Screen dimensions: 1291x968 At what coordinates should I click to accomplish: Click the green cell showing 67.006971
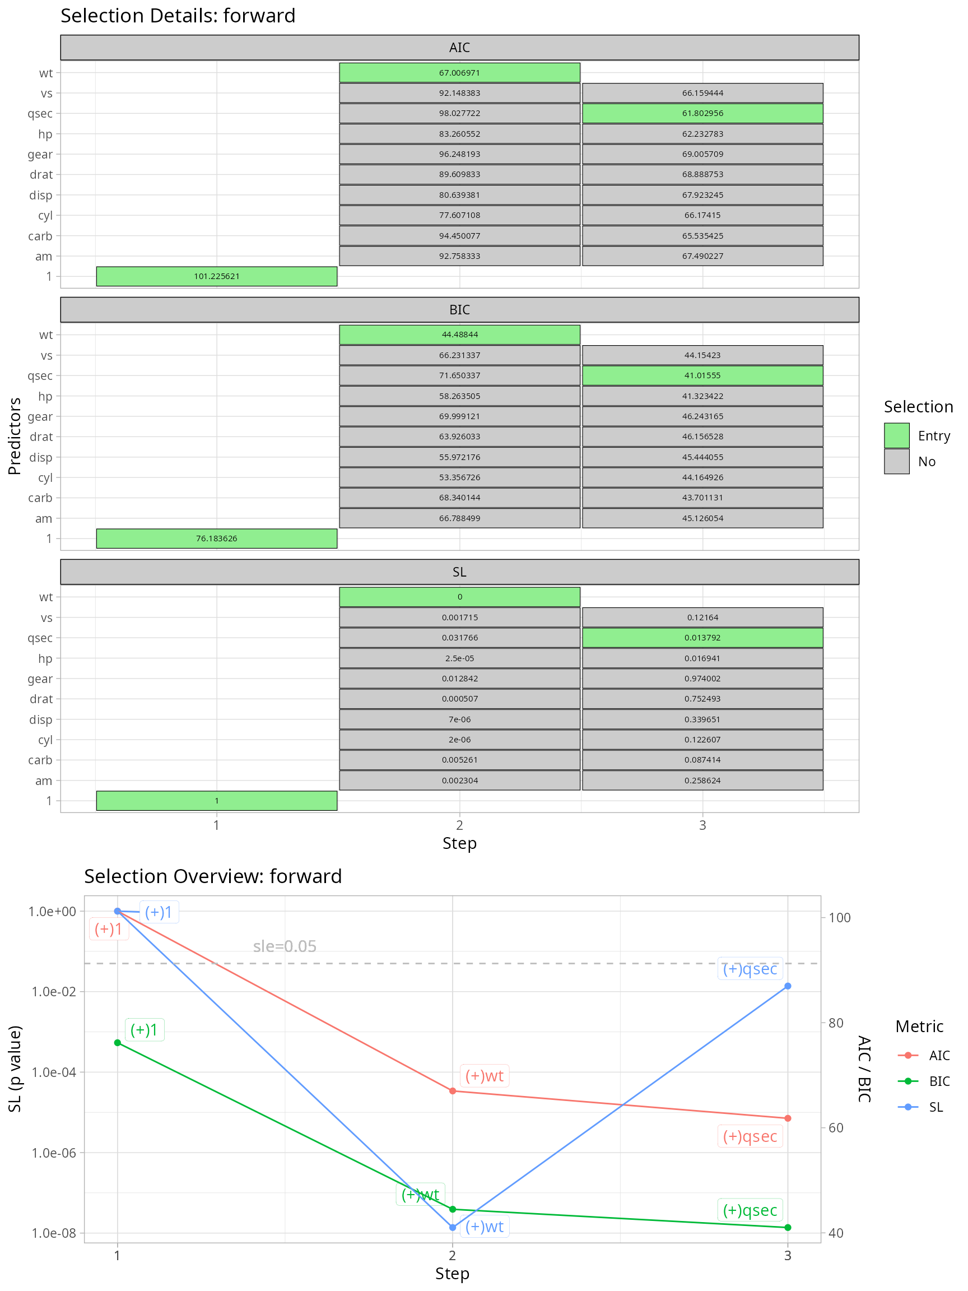click(459, 73)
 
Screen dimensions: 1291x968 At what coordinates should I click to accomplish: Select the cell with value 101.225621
click(216, 277)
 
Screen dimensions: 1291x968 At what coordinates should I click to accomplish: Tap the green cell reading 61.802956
click(702, 113)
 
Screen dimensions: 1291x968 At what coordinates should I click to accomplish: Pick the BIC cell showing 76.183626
click(216, 538)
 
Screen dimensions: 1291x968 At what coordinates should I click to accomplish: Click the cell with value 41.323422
click(702, 396)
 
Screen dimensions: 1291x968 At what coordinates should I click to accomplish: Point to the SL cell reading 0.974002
click(702, 679)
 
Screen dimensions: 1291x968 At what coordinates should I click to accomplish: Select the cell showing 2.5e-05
click(459, 658)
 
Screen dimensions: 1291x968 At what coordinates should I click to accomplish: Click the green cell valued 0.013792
click(702, 638)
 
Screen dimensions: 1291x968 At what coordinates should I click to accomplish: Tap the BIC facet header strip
click(459, 310)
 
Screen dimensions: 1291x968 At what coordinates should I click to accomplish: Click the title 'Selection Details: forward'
click(178, 16)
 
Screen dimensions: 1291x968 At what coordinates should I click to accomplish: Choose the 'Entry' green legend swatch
click(896, 435)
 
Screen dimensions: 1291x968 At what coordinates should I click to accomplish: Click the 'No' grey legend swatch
click(896, 461)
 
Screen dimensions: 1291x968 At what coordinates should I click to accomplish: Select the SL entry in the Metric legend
click(936, 1107)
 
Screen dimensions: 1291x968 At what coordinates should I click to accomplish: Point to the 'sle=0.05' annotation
click(285, 946)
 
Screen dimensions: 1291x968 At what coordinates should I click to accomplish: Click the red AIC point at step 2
click(453, 1091)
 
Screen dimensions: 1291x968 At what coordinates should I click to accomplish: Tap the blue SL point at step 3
click(788, 986)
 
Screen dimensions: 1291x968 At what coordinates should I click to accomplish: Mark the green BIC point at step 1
click(117, 1042)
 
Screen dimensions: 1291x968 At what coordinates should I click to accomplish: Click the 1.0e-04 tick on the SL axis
click(54, 1072)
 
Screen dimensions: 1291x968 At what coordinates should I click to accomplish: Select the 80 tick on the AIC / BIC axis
click(836, 1023)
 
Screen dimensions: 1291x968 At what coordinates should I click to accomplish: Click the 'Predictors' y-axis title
click(15, 436)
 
